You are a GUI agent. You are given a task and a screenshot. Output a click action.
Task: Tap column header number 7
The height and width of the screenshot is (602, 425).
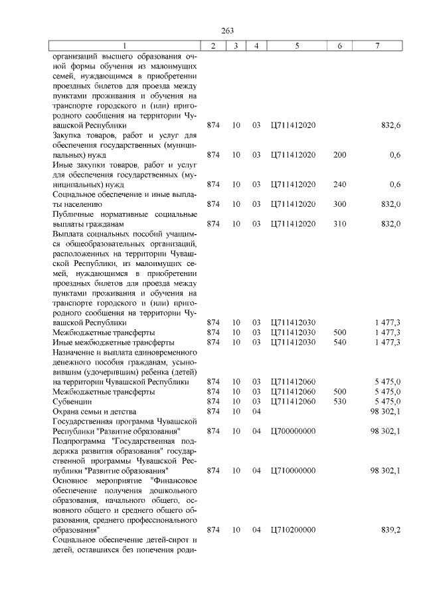click(377, 46)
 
